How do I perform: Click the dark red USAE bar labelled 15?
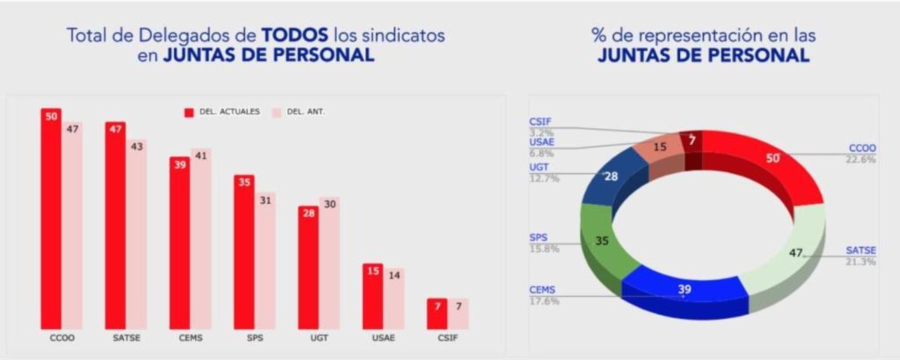pos(373,296)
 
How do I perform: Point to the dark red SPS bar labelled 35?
pos(244,252)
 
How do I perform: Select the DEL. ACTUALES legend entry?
pos(223,112)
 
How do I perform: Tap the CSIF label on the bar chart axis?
pos(448,337)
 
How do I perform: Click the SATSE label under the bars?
pos(126,337)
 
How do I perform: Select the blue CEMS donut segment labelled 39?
pos(684,289)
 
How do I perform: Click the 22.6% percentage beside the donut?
pos(861,159)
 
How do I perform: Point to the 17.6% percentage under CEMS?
pos(544,301)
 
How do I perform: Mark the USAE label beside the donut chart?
pos(541,142)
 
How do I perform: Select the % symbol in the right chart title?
pos(598,35)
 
